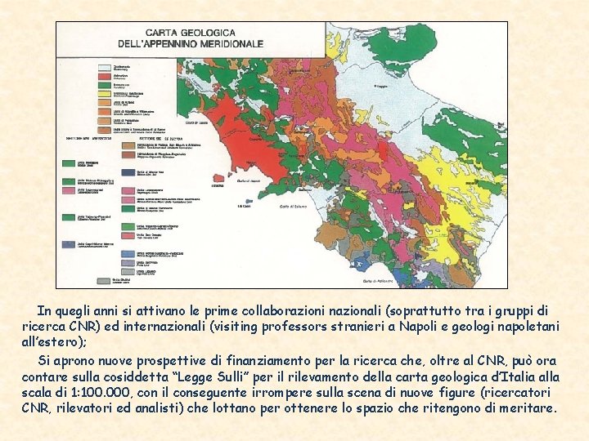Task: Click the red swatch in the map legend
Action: tap(104, 77)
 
